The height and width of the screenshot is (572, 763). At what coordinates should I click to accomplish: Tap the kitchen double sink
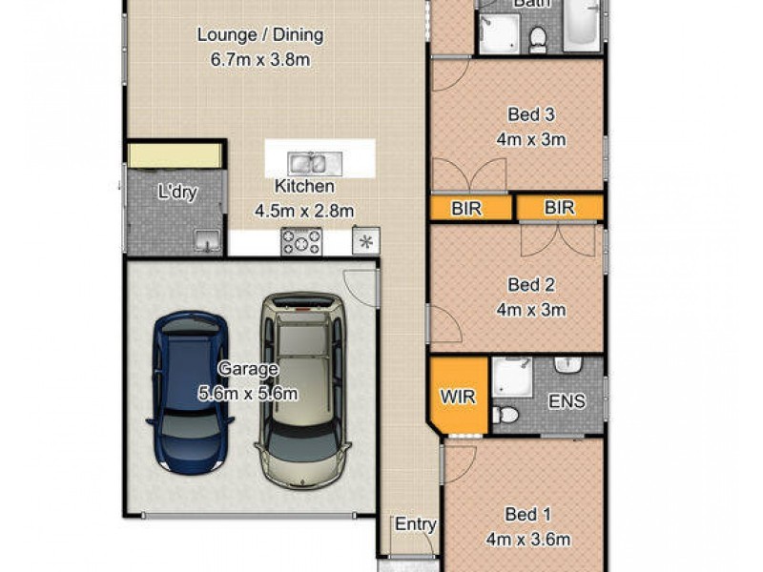pyautogui.click(x=310, y=163)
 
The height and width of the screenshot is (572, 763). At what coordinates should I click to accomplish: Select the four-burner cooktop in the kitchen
pyautogui.click(x=300, y=241)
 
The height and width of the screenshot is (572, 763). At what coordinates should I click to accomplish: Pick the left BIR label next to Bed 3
pyautogui.click(x=465, y=208)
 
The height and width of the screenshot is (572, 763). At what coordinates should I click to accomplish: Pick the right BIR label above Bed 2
pyautogui.click(x=559, y=208)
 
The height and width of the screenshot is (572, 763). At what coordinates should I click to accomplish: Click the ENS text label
pyautogui.click(x=567, y=400)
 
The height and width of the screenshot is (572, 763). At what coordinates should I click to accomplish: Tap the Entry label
pyautogui.click(x=415, y=524)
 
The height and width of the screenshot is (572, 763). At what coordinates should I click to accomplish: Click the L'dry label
pyautogui.click(x=176, y=192)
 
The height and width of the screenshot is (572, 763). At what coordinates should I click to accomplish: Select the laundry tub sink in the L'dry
pyautogui.click(x=207, y=242)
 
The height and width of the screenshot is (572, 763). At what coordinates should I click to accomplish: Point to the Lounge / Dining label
pyautogui.click(x=260, y=35)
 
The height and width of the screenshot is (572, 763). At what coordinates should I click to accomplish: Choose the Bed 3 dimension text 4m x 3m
pyautogui.click(x=531, y=139)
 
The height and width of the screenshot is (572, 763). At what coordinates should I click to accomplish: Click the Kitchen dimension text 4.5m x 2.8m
pyautogui.click(x=304, y=211)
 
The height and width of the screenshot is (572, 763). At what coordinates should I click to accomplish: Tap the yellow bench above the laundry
pyautogui.click(x=176, y=155)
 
